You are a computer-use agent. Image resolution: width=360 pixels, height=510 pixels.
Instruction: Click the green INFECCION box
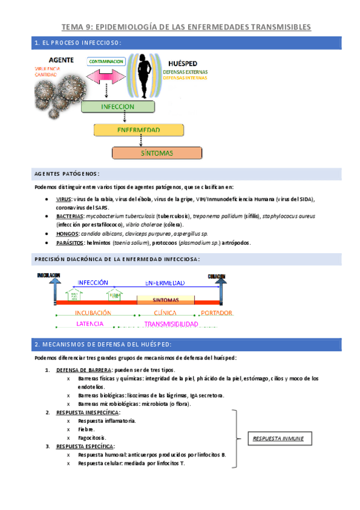118,107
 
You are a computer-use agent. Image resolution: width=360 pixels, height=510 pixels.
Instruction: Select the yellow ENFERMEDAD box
138,130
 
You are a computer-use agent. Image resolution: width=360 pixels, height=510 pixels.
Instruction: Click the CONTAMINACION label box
106,61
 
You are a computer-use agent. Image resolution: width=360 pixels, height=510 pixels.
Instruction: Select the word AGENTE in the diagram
61,60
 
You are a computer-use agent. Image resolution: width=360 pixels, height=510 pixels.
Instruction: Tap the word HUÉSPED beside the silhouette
183,64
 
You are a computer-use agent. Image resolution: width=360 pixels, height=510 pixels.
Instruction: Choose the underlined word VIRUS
63,198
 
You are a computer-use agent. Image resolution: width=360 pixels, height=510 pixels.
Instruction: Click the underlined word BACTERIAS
69,215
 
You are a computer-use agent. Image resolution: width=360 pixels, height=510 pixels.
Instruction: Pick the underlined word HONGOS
66,233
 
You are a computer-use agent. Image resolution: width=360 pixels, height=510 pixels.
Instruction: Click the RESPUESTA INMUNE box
278,438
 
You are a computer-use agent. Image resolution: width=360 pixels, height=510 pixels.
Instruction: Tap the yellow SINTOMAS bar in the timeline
165,299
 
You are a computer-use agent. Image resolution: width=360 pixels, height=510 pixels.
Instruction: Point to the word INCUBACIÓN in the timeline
93,313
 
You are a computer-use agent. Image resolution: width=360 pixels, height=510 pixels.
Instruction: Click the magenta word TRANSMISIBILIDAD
171,324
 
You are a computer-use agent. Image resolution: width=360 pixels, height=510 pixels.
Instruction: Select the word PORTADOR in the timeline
217,313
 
